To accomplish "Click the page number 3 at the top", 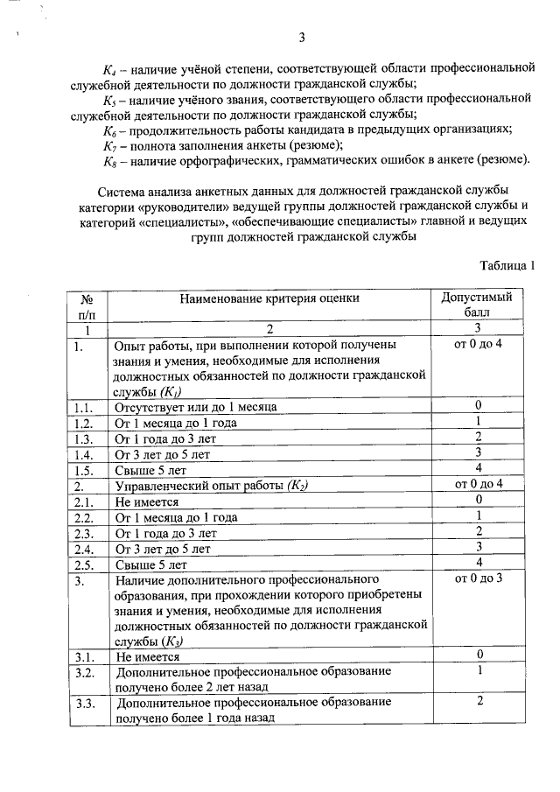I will point(302,37).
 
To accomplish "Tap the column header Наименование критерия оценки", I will point(269,298).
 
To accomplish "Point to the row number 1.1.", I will point(84,407).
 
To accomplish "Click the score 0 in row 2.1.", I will point(479,501).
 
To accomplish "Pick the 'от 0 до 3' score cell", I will point(479,579).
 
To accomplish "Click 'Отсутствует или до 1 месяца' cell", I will point(196,407).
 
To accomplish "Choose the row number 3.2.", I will point(84,672).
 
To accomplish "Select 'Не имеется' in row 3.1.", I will point(147,656).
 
